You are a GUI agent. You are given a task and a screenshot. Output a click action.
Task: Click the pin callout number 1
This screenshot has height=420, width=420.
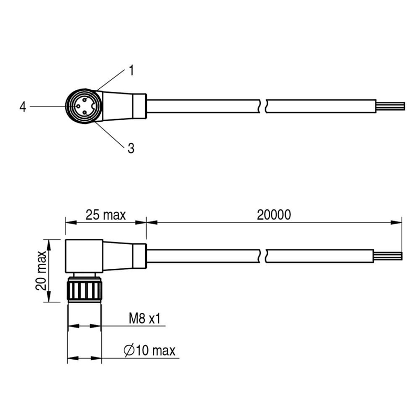tap(131, 70)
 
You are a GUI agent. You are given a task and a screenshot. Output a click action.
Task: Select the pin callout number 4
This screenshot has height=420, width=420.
tap(23, 107)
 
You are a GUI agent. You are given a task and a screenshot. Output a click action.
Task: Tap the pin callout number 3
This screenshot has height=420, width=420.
tap(131, 148)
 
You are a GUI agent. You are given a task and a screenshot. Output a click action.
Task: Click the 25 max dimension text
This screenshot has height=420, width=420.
tap(106, 215)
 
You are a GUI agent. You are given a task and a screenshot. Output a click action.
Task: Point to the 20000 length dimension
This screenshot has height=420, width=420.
tap(274, 215)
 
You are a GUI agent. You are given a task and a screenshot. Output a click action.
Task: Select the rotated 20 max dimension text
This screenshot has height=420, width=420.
tap(41, 270)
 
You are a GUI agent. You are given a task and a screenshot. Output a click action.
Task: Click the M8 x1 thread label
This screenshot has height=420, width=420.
tap(144, 319)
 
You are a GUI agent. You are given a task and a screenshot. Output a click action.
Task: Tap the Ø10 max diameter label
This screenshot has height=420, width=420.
tap(150, 350)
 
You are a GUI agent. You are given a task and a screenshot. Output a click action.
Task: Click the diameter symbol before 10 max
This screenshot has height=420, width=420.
tap(129, 350)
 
